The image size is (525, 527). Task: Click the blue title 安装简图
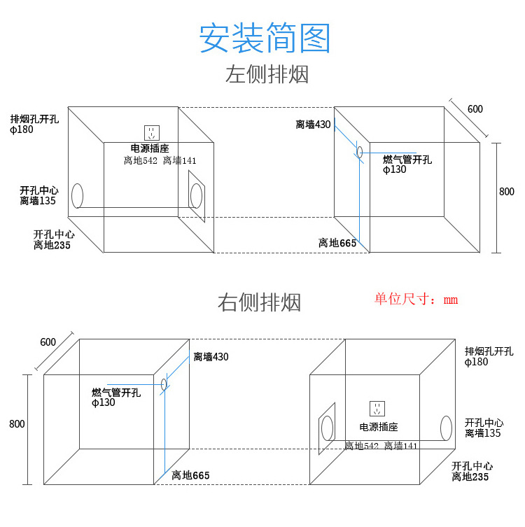(x=264, y=38)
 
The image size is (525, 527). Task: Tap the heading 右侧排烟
(x=259, y=302)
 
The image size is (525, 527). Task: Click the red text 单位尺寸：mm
(x=416, y=300)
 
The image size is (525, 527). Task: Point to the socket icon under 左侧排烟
(x=152, y=132)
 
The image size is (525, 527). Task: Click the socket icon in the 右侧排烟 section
(x=378, y=409)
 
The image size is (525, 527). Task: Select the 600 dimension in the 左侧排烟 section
(x=475, y=109)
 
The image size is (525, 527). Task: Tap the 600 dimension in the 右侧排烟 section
(x=48, y=342)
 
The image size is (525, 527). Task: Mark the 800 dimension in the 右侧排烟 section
(x=17, y=423)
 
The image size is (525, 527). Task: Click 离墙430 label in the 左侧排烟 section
(x=313, y=125)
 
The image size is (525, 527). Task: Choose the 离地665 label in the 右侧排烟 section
(x=190, y=475)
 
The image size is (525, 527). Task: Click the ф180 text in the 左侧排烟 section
(x=22, y=129)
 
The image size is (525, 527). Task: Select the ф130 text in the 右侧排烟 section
(x=103, y=402)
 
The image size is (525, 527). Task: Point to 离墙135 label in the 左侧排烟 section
(x=38, y=201)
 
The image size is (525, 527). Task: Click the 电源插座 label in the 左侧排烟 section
(x=150, y=148)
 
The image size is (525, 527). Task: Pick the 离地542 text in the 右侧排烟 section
(x=361, y=446)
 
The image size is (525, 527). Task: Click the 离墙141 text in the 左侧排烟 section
(x=180, y=161)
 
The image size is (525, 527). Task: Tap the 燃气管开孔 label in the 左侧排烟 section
(x=407, y=160)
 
